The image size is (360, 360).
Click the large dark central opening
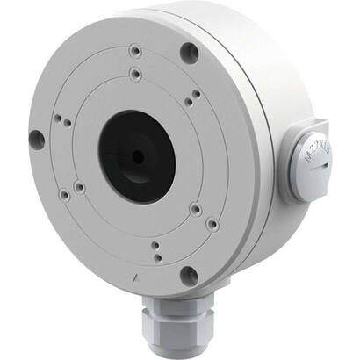pos(136,156)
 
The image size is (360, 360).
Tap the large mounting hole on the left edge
pos(36,138)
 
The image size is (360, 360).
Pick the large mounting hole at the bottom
pos(188,275)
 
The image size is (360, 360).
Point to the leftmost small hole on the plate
pos(57,118)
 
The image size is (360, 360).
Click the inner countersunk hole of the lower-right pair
pos(195,209)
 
